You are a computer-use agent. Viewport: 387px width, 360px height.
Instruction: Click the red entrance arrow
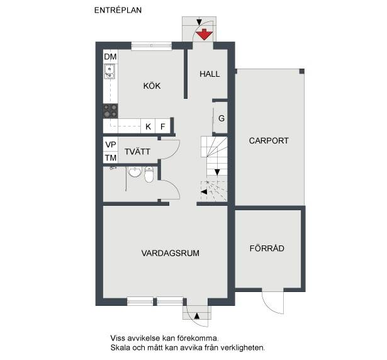coord(204,35)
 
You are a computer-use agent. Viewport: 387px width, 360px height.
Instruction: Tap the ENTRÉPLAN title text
coord(118,10)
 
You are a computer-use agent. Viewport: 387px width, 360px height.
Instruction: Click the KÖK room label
coord(152,86)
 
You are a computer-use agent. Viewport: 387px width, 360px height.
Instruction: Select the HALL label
coord(210,74)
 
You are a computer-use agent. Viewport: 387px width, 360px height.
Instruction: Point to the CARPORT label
coord(269,140)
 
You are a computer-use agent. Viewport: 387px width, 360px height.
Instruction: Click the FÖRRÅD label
coord(267,248)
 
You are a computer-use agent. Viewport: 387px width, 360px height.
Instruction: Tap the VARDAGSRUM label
coord(171,253)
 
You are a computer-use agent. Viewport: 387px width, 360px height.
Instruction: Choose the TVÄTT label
coord(137,151)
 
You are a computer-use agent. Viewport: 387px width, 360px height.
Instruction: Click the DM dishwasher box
coord(110,57)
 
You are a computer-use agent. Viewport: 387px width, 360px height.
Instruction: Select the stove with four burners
coord(110,111)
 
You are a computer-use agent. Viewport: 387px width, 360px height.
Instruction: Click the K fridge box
coord(148,127)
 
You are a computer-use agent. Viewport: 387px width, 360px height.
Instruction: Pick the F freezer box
coord(162,127)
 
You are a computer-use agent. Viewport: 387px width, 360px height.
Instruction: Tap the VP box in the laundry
coord(111,145)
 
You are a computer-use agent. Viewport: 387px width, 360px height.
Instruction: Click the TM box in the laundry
coord(111,157)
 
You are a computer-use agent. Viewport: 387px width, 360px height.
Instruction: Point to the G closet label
coord(222,118)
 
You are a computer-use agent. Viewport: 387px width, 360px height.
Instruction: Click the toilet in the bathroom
coord(149,174)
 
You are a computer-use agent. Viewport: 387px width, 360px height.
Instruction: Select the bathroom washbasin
coord(135,172)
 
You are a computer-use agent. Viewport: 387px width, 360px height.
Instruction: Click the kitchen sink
coord(109,71)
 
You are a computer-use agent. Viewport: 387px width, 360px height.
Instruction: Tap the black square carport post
coord(302,71)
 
